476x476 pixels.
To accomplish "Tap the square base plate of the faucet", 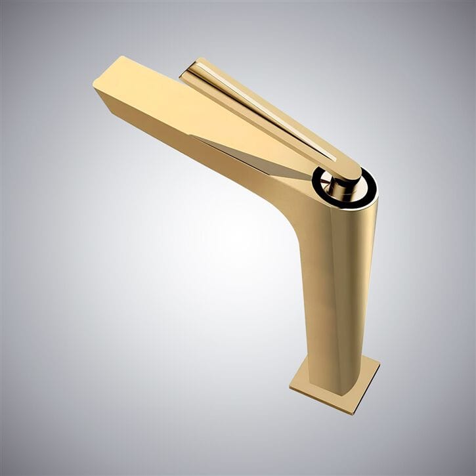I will [335, 385].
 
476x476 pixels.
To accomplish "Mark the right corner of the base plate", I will [379, 362].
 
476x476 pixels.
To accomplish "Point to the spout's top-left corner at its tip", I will [122, 57].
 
